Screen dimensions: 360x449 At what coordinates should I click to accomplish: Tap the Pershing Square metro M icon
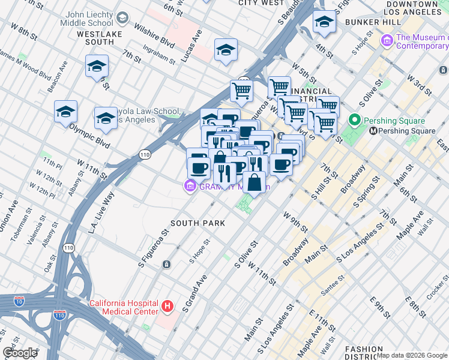click(x=373, y=131)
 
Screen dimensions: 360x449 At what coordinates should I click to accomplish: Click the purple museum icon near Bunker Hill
click(x=388, y=41)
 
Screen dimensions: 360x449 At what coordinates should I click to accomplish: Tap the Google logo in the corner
click(x=20, y=353)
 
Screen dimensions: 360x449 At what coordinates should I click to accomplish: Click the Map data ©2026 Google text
click(x=412, y=355)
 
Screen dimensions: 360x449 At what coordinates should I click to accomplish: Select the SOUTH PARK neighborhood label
click(x=197, y=223)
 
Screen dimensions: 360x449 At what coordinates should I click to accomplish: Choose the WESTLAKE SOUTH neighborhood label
click(x=100, y=38)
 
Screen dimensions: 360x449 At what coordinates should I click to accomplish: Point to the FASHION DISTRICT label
click(x=364, y=353)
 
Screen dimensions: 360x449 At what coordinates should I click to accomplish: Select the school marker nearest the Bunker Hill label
click(x=324, y=23)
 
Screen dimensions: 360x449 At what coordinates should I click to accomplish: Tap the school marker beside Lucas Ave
click(x=226, y=50)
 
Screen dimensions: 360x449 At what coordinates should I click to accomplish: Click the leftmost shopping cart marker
click(x=241, y=91)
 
